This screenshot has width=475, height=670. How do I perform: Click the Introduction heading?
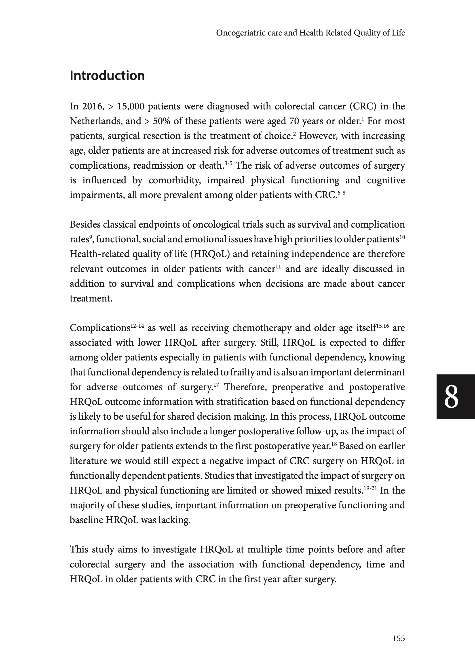[x=107, y=76]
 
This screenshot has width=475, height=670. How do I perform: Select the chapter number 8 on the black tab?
[x=451, y=397]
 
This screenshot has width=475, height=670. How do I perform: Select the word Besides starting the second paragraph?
[x=86, y=225]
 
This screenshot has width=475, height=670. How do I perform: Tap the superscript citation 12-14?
[x=137, y=325]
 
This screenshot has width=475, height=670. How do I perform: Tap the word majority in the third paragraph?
[x=87, y=505]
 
